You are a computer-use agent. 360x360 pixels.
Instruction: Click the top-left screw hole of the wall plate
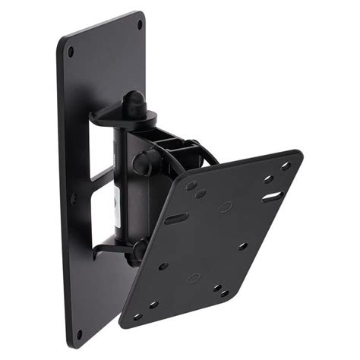tap(71, 52)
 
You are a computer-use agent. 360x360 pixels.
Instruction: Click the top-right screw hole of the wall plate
tap(139, 25)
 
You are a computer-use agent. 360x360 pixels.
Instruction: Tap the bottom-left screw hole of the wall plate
tap(78, 333)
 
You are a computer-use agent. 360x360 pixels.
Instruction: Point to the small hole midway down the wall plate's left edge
tap(74, 199)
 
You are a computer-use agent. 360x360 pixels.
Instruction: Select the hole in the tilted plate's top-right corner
tap(286, 166)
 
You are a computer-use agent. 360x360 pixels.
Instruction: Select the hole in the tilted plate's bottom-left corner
tap(137, 316)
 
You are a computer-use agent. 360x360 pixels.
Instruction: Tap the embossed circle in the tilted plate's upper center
tap(226, 207)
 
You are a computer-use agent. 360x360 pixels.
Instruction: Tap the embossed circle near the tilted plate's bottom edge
tap(194, 278)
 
